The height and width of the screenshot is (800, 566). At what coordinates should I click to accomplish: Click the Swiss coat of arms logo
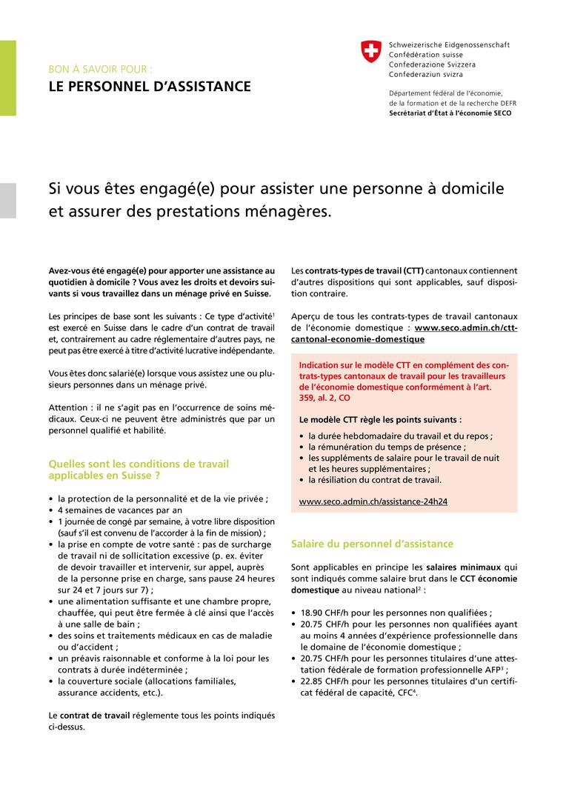[x=370, y=51]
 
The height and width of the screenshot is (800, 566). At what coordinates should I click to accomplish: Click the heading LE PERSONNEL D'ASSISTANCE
[x=149, y=87]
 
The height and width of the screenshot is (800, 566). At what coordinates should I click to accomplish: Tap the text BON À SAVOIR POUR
[x=100, y=69]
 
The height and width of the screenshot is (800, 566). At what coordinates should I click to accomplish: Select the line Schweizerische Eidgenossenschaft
[x=449, y=45]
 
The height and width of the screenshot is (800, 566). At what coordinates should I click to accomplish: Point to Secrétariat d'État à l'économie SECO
[x=450, y=113]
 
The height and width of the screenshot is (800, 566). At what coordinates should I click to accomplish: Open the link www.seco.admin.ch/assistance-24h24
[x=373, y=501]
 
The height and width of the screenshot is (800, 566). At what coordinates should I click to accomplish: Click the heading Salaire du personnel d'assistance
[x=372, y=544]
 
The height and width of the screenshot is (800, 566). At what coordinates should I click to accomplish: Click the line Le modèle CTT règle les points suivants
[x=380, y=419]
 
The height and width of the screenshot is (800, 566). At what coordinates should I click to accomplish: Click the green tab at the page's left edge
[x=7, y=79]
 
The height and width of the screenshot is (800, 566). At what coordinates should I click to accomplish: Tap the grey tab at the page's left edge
[x=7, y=200]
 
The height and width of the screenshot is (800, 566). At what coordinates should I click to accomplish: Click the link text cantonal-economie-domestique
[x=358, y=339]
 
